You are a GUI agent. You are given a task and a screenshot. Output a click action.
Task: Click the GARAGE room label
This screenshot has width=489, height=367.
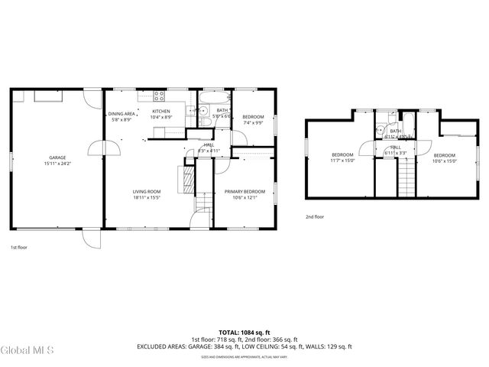pos(57,158)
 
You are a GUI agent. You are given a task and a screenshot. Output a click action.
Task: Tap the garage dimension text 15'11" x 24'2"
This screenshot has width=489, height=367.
pos(57,164)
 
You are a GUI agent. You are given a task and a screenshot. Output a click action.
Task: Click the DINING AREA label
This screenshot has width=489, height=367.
pos(121,114)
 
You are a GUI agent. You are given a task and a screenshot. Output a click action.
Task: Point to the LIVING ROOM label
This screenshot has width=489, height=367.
pos(147,191)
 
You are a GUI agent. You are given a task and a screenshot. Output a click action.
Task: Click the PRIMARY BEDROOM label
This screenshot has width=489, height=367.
pos(244,191)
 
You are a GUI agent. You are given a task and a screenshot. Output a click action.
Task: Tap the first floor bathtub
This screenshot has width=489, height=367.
pos(210,97)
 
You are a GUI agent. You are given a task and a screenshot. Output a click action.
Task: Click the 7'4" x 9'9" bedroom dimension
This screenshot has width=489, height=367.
pos(253,122)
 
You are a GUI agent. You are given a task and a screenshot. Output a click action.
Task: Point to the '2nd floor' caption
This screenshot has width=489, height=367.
pos(314,216)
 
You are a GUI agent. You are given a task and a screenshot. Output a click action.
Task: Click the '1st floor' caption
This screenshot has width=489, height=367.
pos(19,248)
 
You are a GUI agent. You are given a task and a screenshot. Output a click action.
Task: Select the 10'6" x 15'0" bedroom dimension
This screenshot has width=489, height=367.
pos(444,161)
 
